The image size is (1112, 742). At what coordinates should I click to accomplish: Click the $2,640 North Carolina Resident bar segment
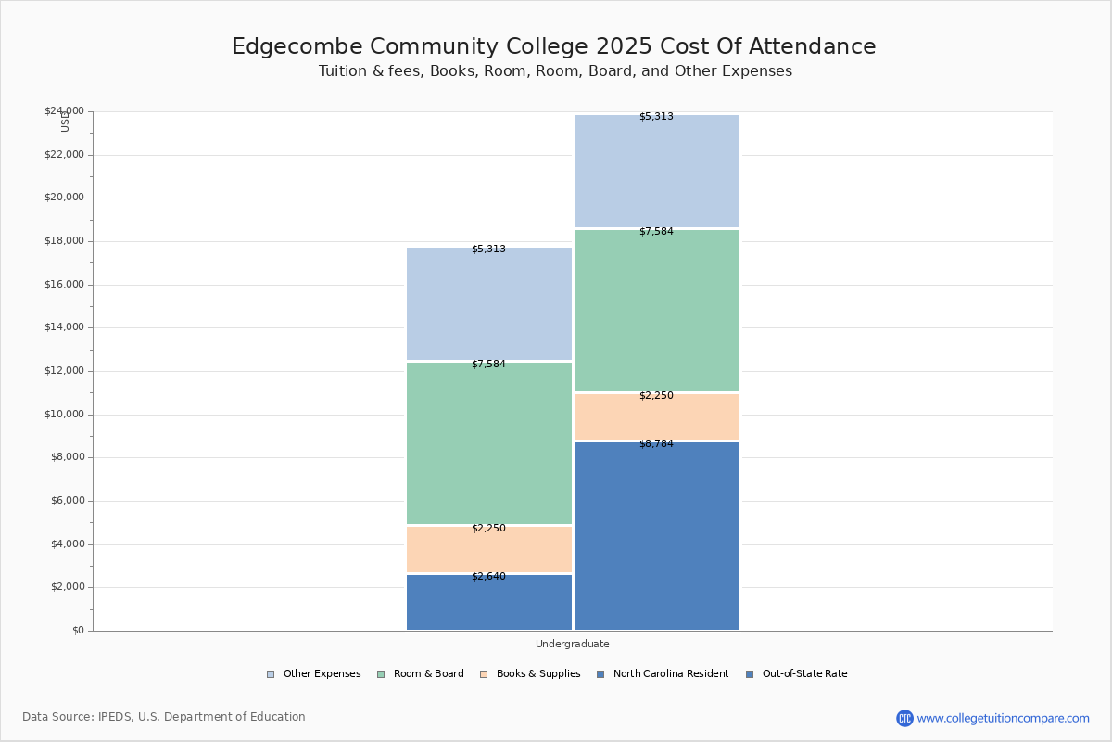click(489, 603)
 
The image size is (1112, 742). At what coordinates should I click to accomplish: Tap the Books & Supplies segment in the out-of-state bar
click(656, 416)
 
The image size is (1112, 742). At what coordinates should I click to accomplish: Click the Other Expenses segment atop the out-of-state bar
click(656, 172)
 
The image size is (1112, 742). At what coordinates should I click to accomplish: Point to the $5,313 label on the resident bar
click(488, 249)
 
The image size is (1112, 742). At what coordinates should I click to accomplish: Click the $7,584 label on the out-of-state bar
click(656, 232)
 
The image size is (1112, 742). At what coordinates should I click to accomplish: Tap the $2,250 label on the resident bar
click(488, 529)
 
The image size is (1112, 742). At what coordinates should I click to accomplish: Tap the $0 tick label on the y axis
click(77, 631)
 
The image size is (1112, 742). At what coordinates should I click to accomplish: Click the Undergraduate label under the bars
click(572, 644)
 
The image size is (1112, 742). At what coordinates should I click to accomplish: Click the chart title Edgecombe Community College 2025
click(553, 47)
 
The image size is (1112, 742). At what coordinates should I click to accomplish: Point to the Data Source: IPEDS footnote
click(164, 717)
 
